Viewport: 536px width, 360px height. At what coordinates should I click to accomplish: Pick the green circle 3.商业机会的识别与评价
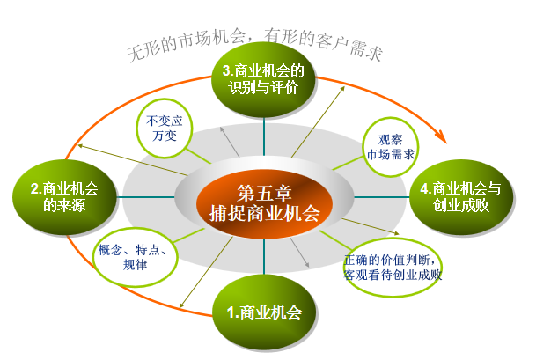264,80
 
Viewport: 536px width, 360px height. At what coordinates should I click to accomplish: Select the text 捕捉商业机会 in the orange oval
264,212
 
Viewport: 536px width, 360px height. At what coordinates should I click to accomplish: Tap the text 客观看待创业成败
393,274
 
